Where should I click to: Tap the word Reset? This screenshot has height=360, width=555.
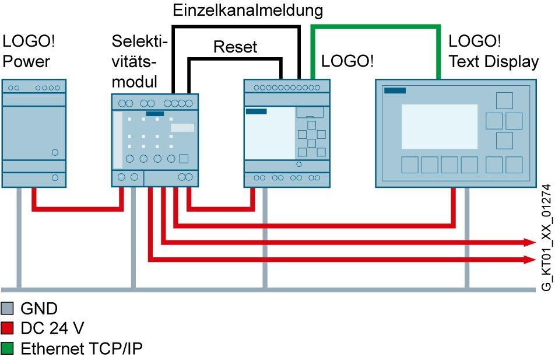pyautogui.click(x=235, y=47)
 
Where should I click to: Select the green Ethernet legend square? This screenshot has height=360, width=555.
pyautogui.click(x=8, y=349)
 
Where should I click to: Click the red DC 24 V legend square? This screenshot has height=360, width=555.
pyautogui.click(x=8, y=329)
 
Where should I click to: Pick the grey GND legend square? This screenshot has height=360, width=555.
pyautogui.click(x=8, y=309)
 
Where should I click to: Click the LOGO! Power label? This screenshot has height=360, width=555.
pyautogui.click(x=33, y=52)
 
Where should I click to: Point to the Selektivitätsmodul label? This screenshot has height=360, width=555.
pyautogui.click(x=139, y=62)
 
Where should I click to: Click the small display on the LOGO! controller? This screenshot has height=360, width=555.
pyautogui.click(x=270, y=134)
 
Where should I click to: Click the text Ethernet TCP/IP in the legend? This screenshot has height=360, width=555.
pyautogui.click(x=82, y=349)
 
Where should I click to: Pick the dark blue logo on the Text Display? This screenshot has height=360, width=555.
pyautogui.click(x=395, y=90)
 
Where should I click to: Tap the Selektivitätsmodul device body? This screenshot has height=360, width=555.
pyautogui.click(x=154, y=140)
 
